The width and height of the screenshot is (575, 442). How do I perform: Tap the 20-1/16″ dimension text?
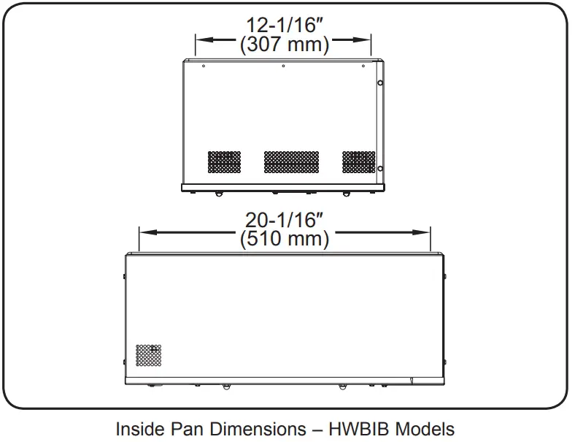coord(285,218)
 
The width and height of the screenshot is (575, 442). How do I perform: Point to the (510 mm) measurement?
coord(285,237)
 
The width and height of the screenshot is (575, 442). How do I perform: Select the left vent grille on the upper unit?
coord(225,161)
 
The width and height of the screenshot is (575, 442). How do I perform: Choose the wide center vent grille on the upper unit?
coord(291,161)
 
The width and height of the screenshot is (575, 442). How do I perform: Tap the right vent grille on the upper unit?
coord(358,161)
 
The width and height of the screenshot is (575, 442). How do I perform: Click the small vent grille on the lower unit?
coord(149,355)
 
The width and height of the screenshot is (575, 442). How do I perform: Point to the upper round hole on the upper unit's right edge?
coord(380,83)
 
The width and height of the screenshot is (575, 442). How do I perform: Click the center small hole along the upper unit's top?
coord(283,66)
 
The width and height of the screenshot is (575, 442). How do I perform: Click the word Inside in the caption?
coord(139,429)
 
